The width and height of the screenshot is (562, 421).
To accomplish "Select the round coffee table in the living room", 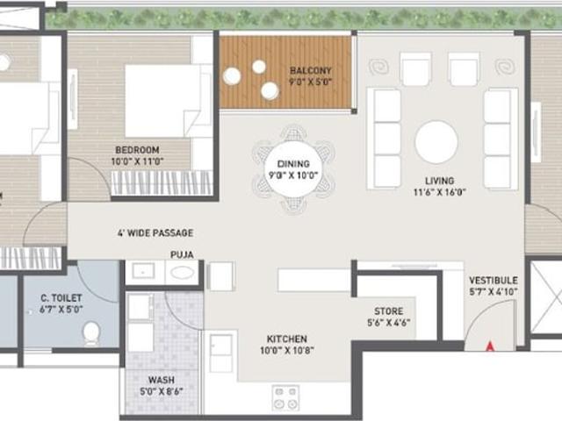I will pyautogui.click(x=436, y=142).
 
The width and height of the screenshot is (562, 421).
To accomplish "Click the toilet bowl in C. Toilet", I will pyautogui.click(x=90, y=332).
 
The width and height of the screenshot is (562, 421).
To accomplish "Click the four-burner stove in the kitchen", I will pyautogui.click(x=285, y=397).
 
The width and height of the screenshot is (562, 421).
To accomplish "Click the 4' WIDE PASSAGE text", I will pyautogui.click(x=155, y=233).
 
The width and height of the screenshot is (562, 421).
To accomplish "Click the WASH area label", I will pyautogui.click(x=160, y=380).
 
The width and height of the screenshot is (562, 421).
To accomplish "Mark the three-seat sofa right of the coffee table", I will pyautogui.click(x=497, y=138).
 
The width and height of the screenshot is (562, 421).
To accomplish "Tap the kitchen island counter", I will pyautogui.click(x=313, y=280).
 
